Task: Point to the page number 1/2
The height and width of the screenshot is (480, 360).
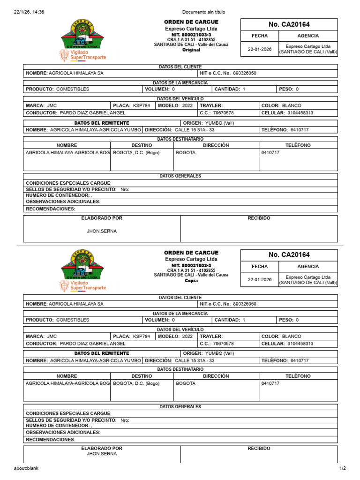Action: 342,468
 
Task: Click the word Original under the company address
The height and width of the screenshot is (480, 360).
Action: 191,50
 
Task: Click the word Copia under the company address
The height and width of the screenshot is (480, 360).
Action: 191,280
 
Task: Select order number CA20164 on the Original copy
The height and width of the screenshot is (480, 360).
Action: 289,24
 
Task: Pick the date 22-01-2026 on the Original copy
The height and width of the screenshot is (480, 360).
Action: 260,49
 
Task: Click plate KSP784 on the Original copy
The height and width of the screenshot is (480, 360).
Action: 142,106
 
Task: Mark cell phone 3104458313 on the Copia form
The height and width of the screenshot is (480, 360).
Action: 300,344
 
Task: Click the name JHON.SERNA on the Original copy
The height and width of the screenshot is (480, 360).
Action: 102,231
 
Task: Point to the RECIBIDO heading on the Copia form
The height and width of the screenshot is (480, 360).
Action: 259,449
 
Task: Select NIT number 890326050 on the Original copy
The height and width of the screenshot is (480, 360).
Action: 245,74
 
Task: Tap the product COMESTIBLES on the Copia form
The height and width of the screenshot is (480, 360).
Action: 73,320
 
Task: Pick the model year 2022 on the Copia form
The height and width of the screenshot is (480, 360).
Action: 187,337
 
